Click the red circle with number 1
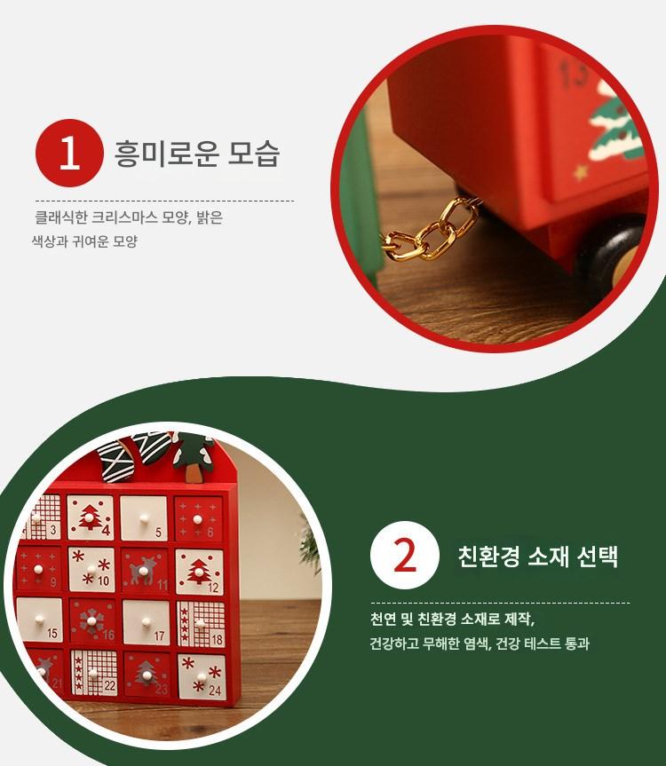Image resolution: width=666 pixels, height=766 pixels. pos(69,153)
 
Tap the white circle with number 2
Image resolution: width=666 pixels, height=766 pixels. pos(405,555)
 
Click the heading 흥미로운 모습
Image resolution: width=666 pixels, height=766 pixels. pos(197,154)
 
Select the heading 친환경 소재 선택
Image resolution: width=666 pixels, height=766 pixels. pos(538,556)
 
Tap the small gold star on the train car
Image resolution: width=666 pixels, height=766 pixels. pos(581,172)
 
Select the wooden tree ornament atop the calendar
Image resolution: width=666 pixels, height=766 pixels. pos(194,455)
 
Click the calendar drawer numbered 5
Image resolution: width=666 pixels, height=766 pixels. pos(144,518)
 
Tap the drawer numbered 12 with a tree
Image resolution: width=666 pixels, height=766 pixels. pos(200,572)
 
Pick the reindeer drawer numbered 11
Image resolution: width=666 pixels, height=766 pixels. pos(145,571)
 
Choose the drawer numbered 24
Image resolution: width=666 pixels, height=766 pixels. pos(202,677)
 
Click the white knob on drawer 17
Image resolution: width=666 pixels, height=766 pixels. pos(146,622)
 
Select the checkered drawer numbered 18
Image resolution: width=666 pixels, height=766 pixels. pos(201,624)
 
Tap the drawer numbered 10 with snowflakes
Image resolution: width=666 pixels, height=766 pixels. pos(91,570)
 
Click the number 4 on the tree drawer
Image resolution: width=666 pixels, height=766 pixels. pos(106,530)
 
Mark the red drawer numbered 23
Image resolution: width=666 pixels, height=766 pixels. pos(147,675)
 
